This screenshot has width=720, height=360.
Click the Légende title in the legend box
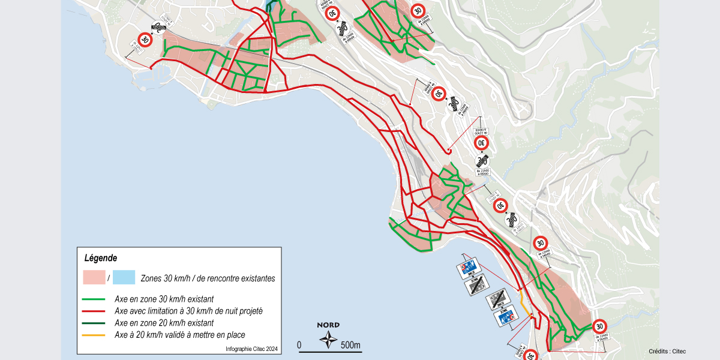[x=100, y=258]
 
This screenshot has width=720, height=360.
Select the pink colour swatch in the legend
[x=94, y=277]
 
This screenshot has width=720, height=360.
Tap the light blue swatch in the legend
[x=124, y=277]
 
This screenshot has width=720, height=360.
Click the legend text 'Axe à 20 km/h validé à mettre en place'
[x=179, y=335]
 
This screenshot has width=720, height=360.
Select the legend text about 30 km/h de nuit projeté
[x=188, y=311]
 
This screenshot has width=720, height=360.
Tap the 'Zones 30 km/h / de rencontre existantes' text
[x=208, y=278]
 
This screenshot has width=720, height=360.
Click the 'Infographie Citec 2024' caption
[x=251, y=349]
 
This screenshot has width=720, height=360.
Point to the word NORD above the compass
[x=328, y=325]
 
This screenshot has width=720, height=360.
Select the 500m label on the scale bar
[x=350, y=345]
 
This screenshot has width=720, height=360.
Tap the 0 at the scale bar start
[x=299, y=345]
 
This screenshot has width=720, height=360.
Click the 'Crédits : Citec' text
[x=667, y=352]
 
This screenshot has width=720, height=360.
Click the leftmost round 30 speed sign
[x=145, y=40]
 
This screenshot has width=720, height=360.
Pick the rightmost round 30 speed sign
[x=599, y=326]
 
